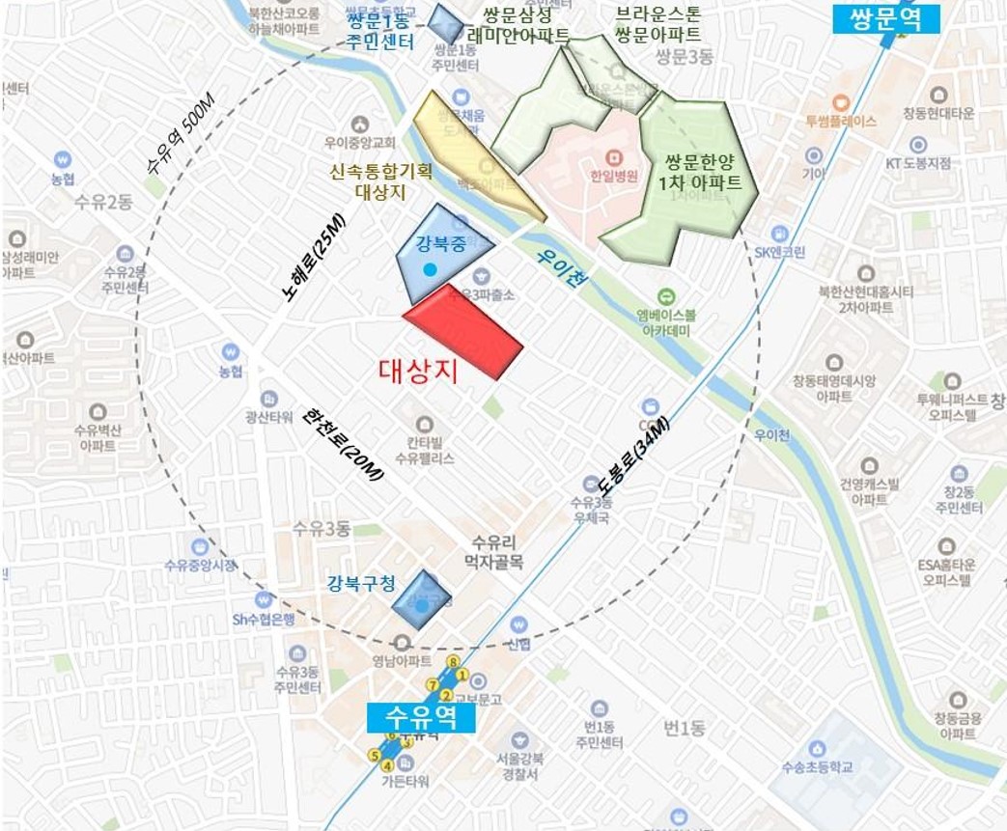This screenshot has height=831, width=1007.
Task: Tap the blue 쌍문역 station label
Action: coord(894,17)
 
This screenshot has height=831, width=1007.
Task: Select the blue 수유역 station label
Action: coord(421,717)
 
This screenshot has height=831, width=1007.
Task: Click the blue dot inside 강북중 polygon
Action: coord(431,267)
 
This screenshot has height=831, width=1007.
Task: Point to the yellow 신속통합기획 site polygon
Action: coord(473,154)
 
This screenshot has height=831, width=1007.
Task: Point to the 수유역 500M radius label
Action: coord(184,135)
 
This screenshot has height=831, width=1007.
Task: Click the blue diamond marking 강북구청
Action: coord(422,599)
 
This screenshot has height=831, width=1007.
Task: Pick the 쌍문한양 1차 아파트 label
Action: coord(703,171)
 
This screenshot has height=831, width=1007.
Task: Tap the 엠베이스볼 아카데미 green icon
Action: coord(664,296)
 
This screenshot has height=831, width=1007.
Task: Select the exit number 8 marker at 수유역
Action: coord(452,661)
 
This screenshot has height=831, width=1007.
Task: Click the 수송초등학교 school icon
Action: coord(817,748)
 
